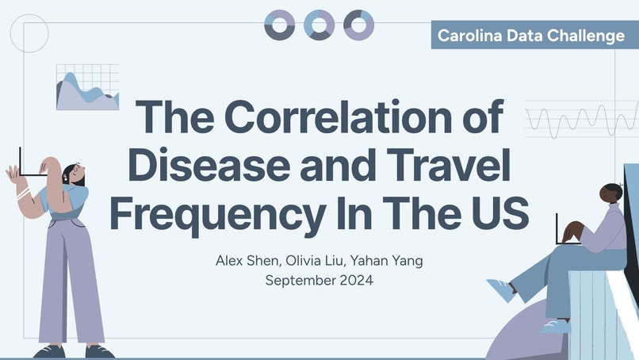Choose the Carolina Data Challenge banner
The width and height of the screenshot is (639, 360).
531,36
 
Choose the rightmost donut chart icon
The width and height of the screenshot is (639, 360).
358,25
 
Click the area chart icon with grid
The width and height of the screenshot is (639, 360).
87,87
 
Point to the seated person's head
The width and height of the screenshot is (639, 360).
610,193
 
